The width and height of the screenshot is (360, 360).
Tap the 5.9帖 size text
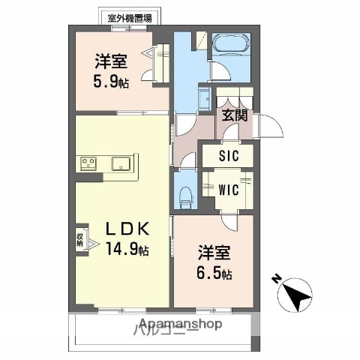coord(112,82)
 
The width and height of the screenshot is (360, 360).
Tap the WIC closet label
coord(229,190)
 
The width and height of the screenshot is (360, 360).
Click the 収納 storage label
coord(80,240)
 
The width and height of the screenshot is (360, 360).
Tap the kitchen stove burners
coord(88,163)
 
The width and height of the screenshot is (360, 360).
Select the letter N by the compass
coord(276,280)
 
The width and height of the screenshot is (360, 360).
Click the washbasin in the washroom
coord(205,99)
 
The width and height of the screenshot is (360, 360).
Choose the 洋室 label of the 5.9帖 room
coord(111,61)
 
